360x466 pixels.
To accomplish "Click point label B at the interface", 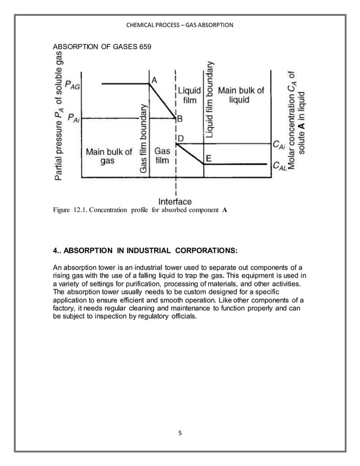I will (x=180, y=119).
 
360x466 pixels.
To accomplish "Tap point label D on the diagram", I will (x=180, y=138).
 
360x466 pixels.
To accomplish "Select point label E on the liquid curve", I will (x=208, y=159).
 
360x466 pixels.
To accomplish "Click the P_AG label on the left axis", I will (x=72, y=85).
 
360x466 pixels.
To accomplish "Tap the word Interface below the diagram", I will (x=175, y=201).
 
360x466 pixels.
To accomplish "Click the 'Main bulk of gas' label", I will (x=108, y=156).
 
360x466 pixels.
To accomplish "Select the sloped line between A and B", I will (x=164, y=101).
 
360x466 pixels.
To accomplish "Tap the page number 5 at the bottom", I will (x=180, y=433).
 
